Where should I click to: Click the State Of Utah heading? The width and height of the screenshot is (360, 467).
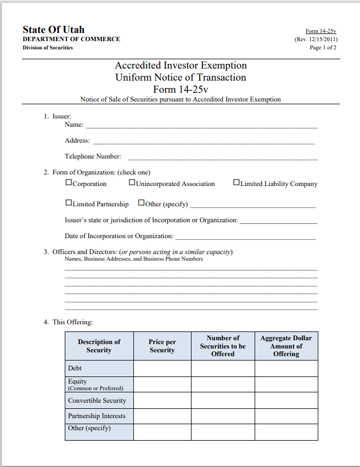pyautogui.click(x=53, y=30)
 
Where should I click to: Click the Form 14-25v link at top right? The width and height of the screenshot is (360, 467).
pyautogui.click(x=321, y=31)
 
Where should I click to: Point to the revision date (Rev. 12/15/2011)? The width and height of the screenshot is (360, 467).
pyautogui.click(x=316, y=40)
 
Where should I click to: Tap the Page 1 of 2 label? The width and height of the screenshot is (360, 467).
pyautogui.click(x=323, y=48)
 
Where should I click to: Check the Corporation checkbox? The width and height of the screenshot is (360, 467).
pyautogui.click(x=69, y=183)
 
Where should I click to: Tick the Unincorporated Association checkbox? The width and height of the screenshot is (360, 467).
pyautogui.click(x=132, y=183)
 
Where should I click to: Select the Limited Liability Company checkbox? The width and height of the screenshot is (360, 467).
pyautogui.click(x=237, y=183)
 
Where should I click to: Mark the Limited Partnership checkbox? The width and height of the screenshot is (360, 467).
pyautogui.click(x=69, y=202)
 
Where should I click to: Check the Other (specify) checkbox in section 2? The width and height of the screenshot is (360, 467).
pyautogui.click(x=142, y=202)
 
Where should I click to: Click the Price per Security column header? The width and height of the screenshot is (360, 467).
pyautogui.click(x=162, y=346)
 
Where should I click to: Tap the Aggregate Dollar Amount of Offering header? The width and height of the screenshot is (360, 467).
pyautogui.click(x=286, y=346)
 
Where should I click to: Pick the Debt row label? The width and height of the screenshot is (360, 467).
pyautogui.click(x=75, y=368)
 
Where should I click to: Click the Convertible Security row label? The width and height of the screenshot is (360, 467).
pyautogui.click(x=97, y=401)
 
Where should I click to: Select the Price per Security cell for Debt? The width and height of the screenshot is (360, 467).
pyautogui.click(x=162, y=368)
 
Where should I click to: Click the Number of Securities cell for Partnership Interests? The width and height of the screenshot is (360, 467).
pyautogui.click(x=223, y=416)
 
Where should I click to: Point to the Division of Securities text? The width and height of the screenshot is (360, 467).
pyautogui.click(x=48, y=48)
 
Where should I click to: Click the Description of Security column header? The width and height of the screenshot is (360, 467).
pyautogui.click(x=99, y=346)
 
